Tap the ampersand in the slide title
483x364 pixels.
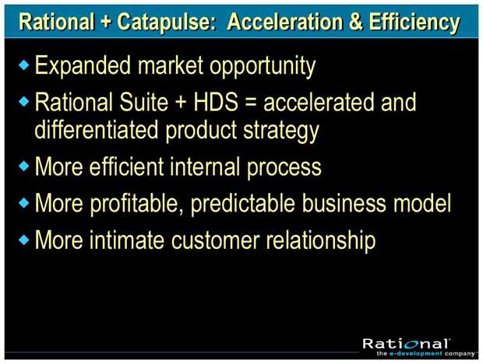[356, 22]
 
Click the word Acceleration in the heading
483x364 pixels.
[285, 22]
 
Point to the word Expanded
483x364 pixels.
[83, 65]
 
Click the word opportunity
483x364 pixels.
[263, 67]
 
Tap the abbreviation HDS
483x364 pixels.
[216, 102]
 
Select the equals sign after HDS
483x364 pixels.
[251, 103]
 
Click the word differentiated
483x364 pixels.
[97, 129]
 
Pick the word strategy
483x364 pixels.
[281, 131]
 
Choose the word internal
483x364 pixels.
[205, 166]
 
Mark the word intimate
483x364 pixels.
[127, 240]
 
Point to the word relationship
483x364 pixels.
[321, 241]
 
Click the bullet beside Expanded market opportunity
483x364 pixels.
[23, 65]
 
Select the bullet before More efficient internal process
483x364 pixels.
[23, 166]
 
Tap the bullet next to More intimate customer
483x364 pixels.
[23, 240]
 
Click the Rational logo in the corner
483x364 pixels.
[407, 344]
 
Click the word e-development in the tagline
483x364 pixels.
[415, 354]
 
